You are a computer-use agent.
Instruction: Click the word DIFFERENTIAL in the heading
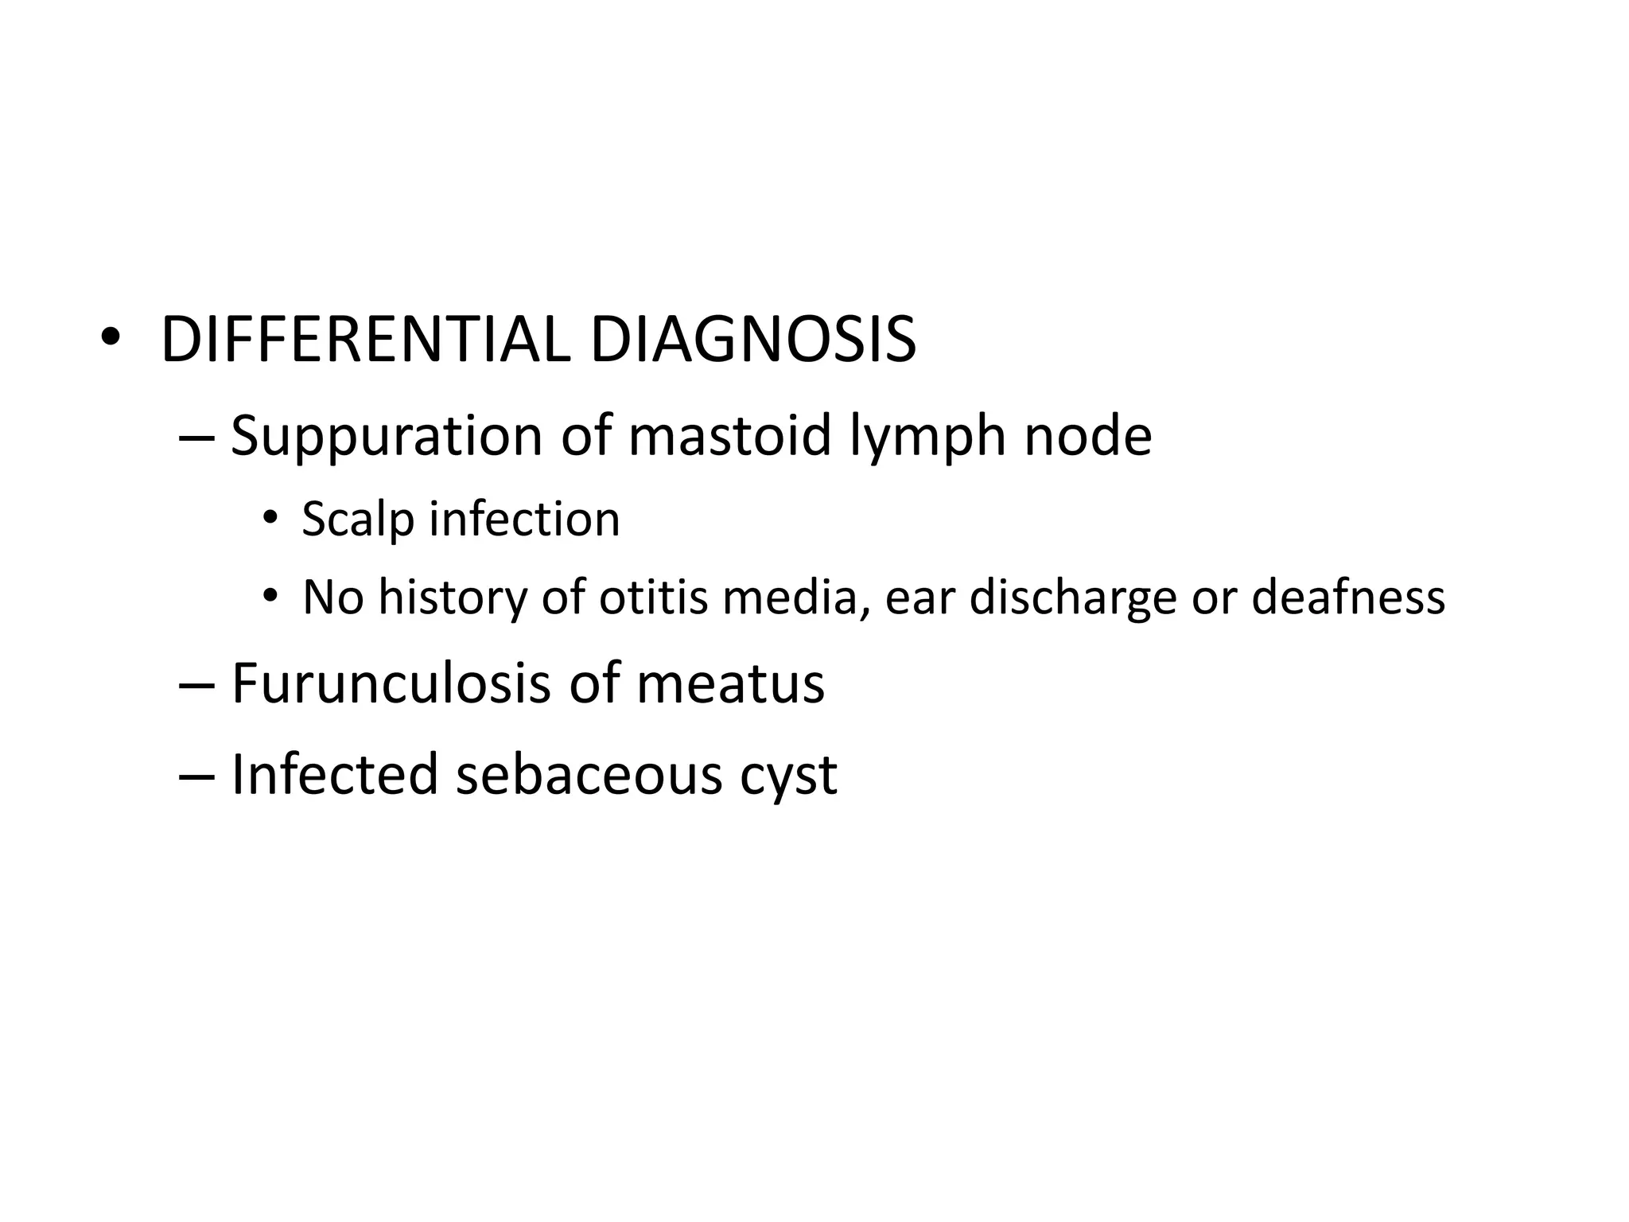click(365, 341)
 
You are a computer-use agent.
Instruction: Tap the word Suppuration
click(387, 437)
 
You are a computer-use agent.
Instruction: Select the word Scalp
click(358, 520)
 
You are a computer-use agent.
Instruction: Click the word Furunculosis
click(391, 683)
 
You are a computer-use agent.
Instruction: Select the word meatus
click(730, 685)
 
